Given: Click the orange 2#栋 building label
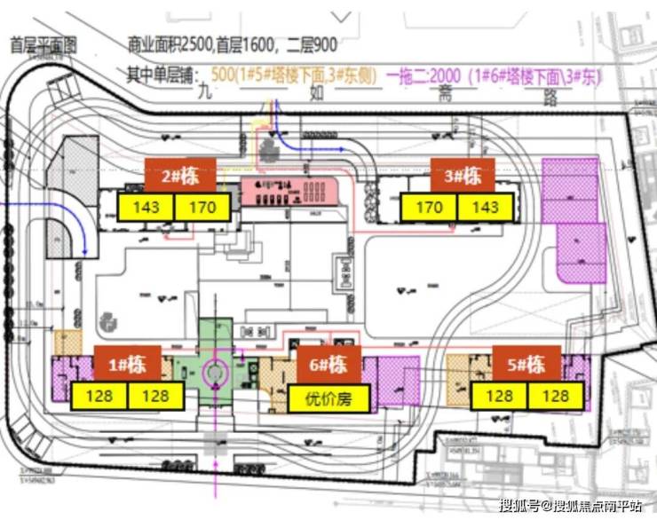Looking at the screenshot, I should tap(181, 176).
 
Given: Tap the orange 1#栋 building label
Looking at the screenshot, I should tap(129, 365).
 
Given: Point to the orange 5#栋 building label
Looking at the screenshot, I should tap(526, 365).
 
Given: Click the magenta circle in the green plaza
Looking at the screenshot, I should tap(214, 372).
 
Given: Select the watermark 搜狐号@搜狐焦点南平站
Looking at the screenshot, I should tap(570, 507).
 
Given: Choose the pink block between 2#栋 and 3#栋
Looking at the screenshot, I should tap(289, 189).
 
